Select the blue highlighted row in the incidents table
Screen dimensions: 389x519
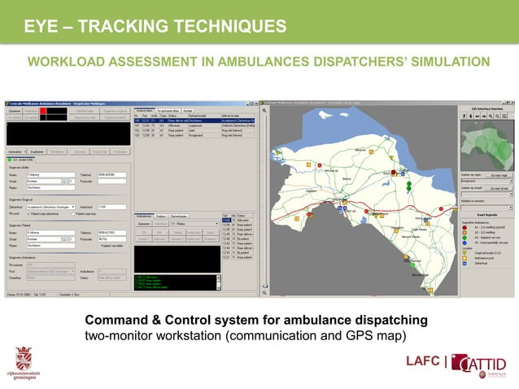coord(195,120)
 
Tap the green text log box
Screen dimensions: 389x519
coord(176,282)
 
